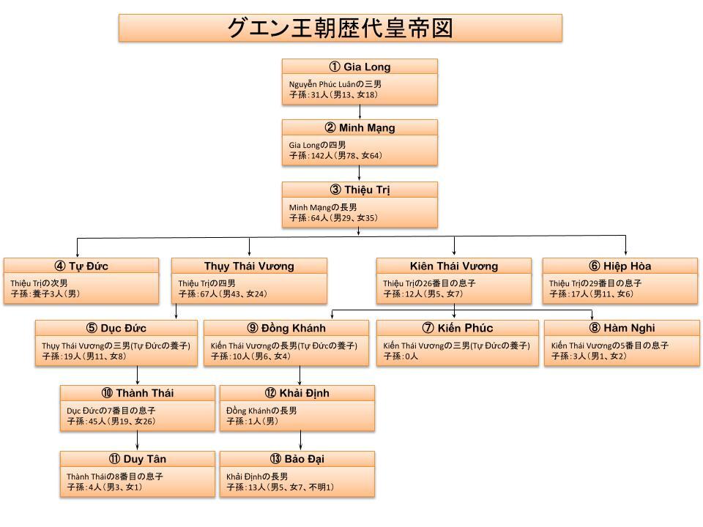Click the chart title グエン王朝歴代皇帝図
pyautogui.click(x=340, y=28)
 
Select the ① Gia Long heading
pyautogui.click(x=360, y=67)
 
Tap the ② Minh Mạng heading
pyautogui.click(x=360, y=128)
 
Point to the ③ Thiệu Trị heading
pyautogui.click(x=360, y=190)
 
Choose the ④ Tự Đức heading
pyautogui.click(x=81, y=266)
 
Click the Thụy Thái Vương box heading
pyautogui.click(x=249, y=266)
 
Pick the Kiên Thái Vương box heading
pyautogui.click(x=454, y=266)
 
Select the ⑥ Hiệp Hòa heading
pyautogui.click(x=620, y=266)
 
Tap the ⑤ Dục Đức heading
pyautogui.click(x=116, y=328)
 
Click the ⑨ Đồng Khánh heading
pyautogui.click(x=285, y=328)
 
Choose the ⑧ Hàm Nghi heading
pyautogui.click(x=622, y=328)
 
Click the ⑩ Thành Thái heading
pyautogui.click(x=138, y=393)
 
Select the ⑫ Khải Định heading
pyautogui.click(x=297, y=393)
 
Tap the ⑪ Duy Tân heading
pyautogui.click(x=138, y=459)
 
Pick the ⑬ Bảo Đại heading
pyautogui.click(x=297, y=459)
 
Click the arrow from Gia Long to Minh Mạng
pyautogui.click(x=360, y=112)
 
